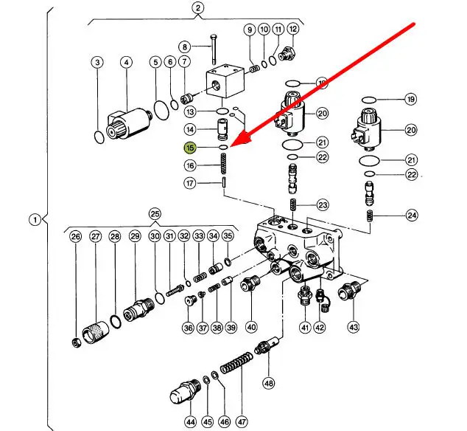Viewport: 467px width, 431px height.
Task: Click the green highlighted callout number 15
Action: (x=191, y=148)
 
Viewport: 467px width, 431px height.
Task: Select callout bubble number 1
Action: (x=33, y=219)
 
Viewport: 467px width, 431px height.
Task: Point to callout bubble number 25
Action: (x=155, y=214)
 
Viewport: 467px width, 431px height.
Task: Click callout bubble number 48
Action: (x=269, y=383)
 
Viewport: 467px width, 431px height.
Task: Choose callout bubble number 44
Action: (x=191, y=422)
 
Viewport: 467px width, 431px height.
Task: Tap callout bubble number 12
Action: (x=292, y=30)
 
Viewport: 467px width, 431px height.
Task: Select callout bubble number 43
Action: (x=354, y=326)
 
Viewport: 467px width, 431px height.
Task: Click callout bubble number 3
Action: (x=97, y=63)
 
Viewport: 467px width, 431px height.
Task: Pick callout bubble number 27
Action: (x=95, y=237)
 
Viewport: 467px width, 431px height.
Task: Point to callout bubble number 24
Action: (x=411, y=215)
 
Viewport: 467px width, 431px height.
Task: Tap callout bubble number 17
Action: (x=191, y=183)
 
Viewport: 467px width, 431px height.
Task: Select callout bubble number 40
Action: (x=251, y=327)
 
